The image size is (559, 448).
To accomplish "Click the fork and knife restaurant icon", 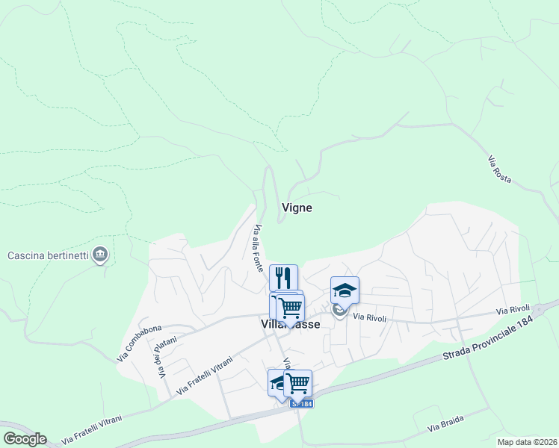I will [x=283, y=278].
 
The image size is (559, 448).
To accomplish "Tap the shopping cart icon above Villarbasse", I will [x=290, y=306].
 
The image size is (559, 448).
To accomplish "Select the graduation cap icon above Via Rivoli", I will [x=345, y=290].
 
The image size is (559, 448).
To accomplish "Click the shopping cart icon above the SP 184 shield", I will [x=298, y=383].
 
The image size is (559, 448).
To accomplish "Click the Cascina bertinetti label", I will [x=49, y=256].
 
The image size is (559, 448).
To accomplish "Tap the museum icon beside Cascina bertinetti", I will [x=101, y=256].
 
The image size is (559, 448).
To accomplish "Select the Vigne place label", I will [x=297, y=208].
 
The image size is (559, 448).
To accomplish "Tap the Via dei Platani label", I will [x=158, y=359].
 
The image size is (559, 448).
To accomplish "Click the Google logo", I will [x=25, y=439].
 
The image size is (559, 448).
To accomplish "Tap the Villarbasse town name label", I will [x=291, y=324].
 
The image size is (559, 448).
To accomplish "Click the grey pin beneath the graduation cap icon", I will [x=340, y=308].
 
